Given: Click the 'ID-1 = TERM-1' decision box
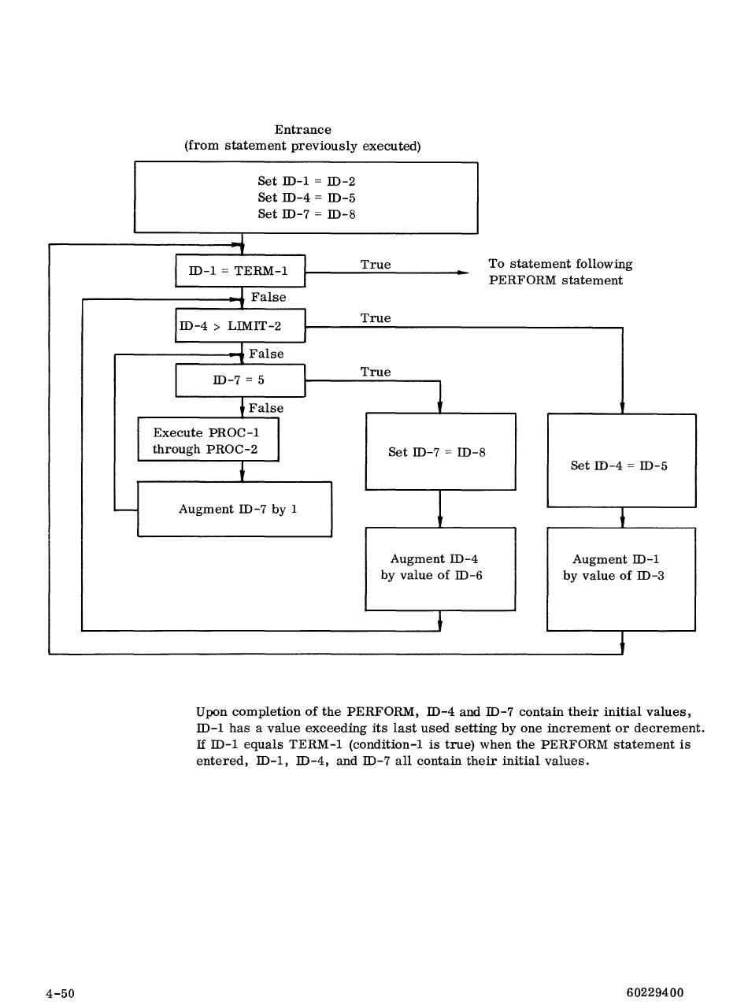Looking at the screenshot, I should tap(240, 272).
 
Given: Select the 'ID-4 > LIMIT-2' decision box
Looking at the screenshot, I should tap(240, 325).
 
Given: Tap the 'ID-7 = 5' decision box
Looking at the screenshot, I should tap(240, 380).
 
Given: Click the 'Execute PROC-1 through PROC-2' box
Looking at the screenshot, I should tap(208, 440).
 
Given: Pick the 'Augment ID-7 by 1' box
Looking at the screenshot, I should tap(235, 510).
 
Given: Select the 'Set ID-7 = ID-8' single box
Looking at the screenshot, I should tap(440, 452).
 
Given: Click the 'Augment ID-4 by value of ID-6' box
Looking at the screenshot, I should tap(440, 568).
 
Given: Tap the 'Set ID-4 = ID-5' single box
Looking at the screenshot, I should tap(621, 465).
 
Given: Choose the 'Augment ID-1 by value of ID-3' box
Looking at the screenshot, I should tap(621, 579).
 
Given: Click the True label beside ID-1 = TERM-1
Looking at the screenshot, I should tap(376, 265).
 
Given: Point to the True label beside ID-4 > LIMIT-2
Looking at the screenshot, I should tap(376, 318).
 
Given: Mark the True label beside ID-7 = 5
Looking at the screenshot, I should tap(376, 372).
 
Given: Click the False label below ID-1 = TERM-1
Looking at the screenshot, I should tap(268, 298).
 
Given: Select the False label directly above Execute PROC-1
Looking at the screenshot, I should tap(266, 408).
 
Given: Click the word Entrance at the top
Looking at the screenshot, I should tap(303, 129).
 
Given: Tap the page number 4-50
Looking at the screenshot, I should tap(60, 993).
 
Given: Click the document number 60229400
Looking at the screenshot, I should tap(654, 992).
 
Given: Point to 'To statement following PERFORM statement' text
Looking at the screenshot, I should tap(560, 273).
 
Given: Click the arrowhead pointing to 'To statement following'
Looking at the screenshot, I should tap(464, 273).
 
